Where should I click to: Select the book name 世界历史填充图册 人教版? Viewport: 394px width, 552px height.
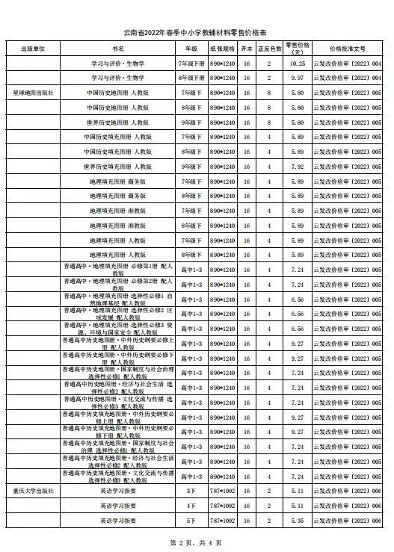[118, 167]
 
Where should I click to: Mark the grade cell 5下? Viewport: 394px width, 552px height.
[190, 520]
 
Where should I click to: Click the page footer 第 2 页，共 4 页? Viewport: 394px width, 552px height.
[196, 542]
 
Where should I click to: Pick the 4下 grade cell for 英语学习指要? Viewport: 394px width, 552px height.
[190, 506]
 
